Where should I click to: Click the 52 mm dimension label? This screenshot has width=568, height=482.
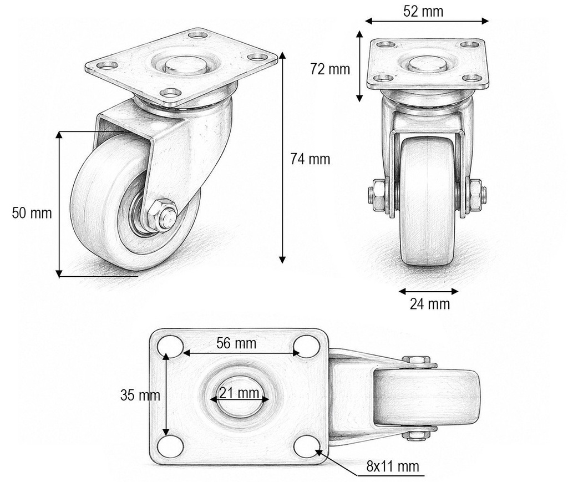coord(423,12)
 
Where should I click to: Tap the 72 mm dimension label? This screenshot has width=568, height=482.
coord(330,69)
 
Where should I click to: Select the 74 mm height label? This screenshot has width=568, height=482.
coord(310,159)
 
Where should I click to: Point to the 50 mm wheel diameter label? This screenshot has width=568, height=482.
coord(32,212)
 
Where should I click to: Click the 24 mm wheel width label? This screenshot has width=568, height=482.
coord(430,303)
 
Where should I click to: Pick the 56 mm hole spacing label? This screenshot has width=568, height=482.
coord(236,343)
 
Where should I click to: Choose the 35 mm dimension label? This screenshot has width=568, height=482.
coord(140,395)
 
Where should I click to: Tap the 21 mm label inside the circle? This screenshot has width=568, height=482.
coord(239,393)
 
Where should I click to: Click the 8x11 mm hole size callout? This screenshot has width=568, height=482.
coord(393,466)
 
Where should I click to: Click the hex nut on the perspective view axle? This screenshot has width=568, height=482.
coord(161,215)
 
